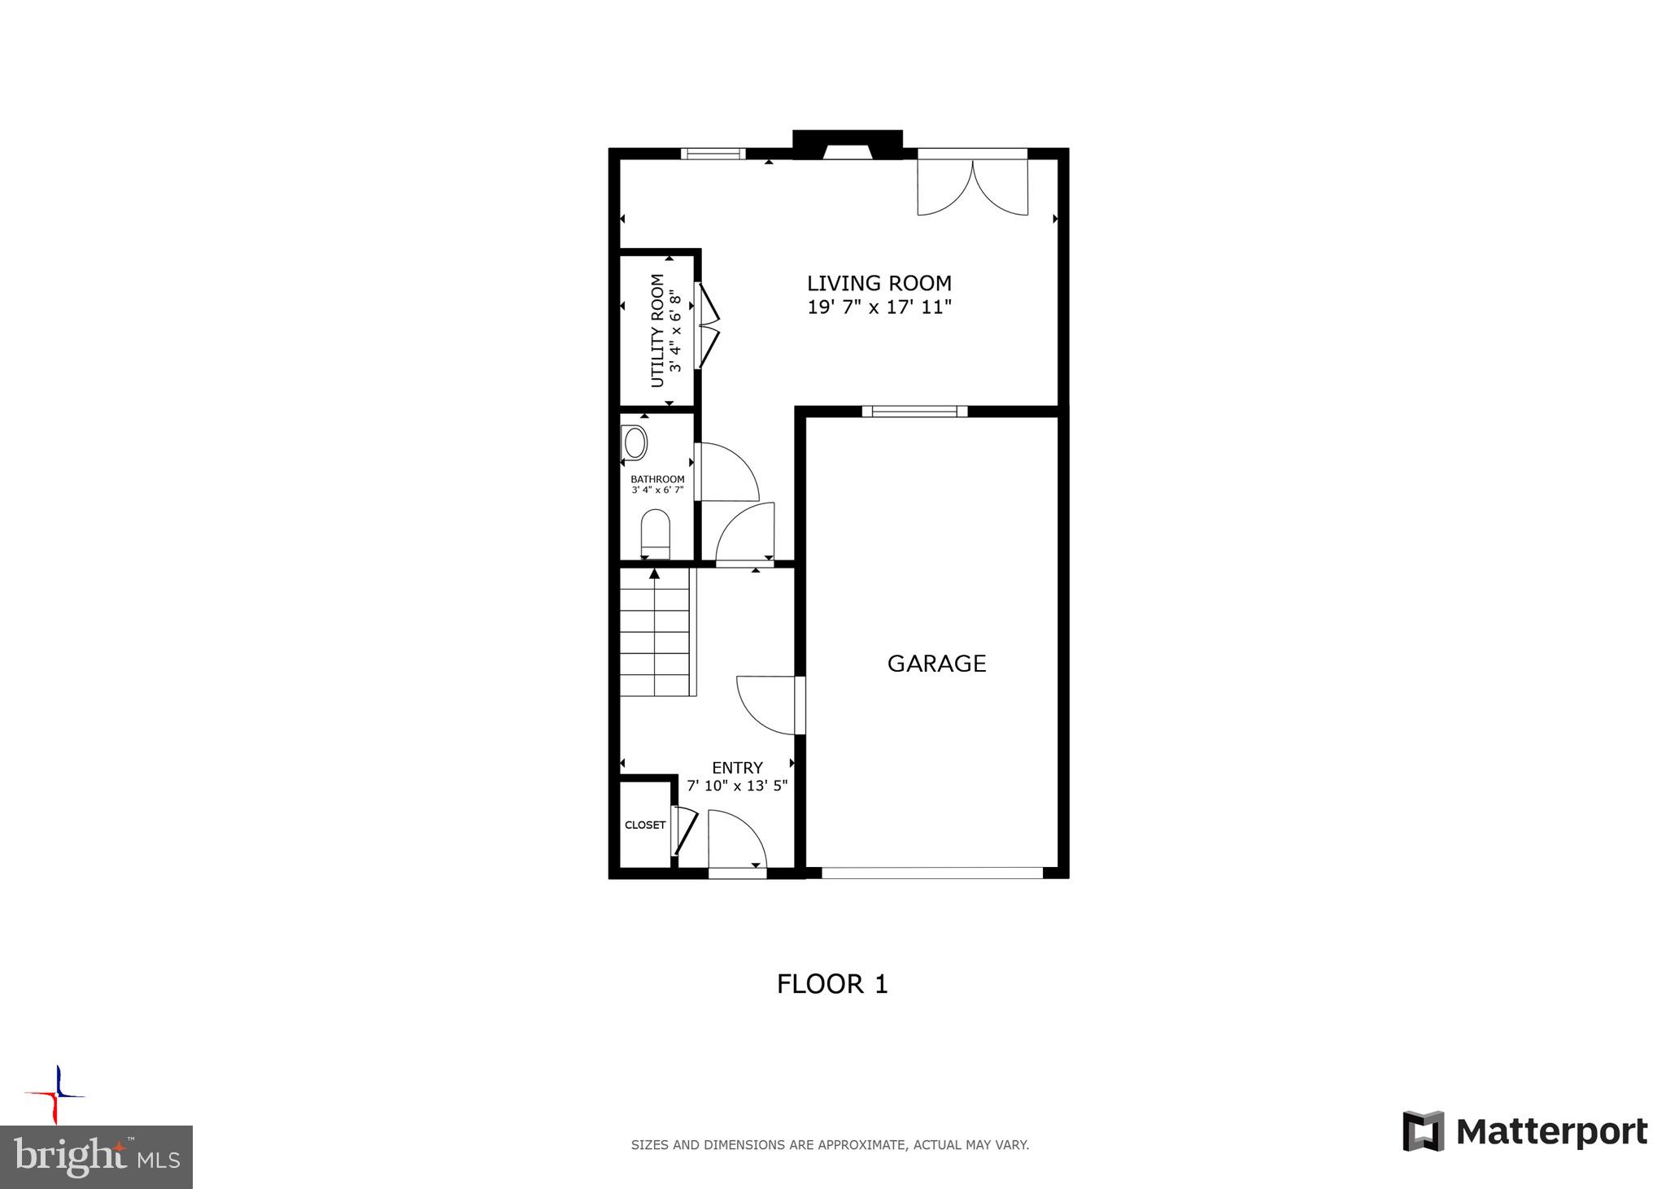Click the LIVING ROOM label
[879, 283]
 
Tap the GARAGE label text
[936, 664]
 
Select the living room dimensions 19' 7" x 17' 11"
[879, 307]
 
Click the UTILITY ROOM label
[657, 330]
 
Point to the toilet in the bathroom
[655, 533]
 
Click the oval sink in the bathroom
[635, 444]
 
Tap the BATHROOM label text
[657, 479]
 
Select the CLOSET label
[645, 825]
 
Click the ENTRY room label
[737, 768]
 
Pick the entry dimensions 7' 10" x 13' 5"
[737, 786]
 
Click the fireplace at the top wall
[848, 145]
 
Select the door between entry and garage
[769, 704]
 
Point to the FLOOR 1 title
[832, 984]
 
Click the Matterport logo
[1524, 1131]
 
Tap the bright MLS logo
[96, 1156]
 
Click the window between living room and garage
[914, 412]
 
